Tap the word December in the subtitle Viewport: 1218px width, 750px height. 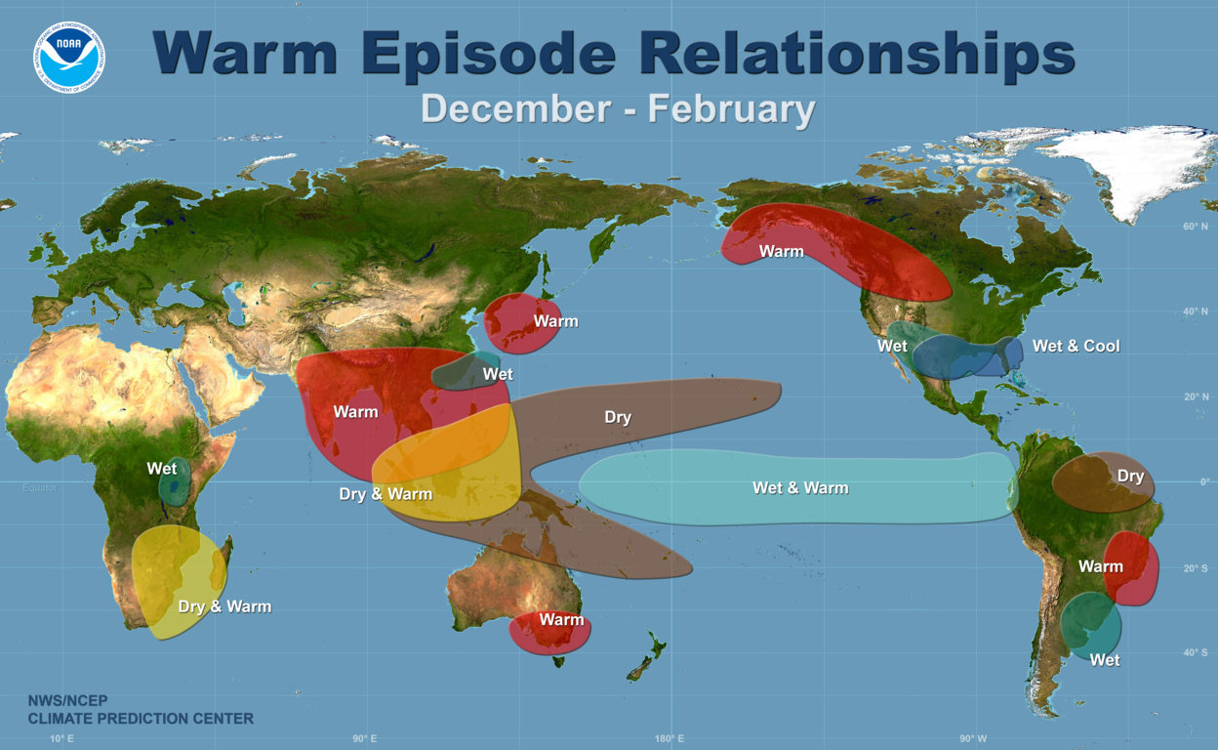(515, 108)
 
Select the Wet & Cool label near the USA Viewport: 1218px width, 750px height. (1076, 346)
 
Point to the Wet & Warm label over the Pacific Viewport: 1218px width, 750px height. (800, 487)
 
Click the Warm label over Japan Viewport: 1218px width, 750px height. (555, 321)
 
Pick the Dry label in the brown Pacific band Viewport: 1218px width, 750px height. (618, 417)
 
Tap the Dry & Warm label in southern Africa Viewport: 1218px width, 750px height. (224, 606)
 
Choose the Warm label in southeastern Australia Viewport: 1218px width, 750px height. (561, 619)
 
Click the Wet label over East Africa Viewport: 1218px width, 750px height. (162, 469)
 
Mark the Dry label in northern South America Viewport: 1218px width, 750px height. (1130, 477)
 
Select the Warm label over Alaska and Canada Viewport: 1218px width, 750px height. (782, 251)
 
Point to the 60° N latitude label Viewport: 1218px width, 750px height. (1193, 227)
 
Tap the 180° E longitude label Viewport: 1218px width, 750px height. (669, 737)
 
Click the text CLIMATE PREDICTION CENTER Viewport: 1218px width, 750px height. (141, 719)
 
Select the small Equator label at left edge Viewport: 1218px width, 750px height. (39, 486)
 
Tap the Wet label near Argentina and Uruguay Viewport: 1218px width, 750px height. (1105, 660)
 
